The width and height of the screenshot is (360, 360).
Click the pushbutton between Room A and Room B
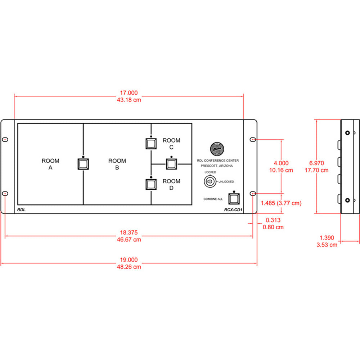point(83,164)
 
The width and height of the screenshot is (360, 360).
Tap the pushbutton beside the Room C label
point(151,143)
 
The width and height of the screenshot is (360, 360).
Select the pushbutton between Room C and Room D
point(171,164)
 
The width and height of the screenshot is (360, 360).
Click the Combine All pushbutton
point(234,198)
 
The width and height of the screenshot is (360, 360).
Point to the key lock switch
point(209,183)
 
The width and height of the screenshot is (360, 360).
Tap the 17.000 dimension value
point(129,93)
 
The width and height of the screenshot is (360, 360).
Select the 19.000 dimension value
point(129,260)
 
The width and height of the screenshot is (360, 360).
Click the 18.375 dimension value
point(129,233)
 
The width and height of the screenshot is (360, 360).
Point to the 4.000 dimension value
point(281,163)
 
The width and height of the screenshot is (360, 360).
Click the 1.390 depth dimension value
point(327,238)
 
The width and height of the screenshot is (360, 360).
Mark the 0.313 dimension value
point(273,220)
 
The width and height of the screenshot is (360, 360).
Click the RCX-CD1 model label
point(232,210)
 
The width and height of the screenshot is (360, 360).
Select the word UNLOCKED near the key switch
point(226,181)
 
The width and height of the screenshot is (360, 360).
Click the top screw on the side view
point(347,133)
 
